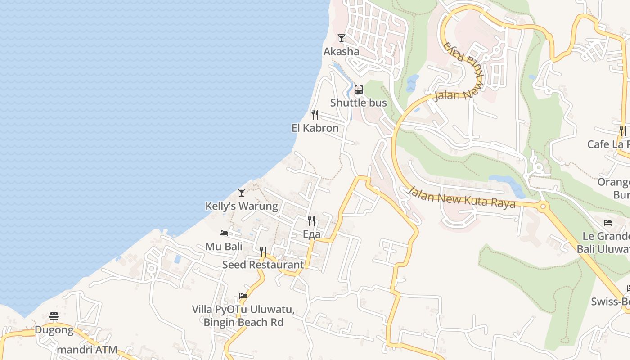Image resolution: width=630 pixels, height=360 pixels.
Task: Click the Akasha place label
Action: (x=342, y=52)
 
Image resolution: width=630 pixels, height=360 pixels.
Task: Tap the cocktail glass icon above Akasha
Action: (x=342, y=38)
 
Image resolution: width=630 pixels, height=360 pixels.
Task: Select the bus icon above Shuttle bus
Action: (x=359, y=90)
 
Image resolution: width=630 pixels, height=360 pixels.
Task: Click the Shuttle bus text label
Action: (x=359, y=103)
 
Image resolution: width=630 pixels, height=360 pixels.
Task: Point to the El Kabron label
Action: (x=315, y=128)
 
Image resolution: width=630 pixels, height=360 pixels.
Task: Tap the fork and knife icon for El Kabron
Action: (x=315, y=115)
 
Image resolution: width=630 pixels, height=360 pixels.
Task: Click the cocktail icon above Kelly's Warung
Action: (x=242, y=193)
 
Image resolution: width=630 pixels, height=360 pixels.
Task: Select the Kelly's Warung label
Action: (x=242, y=206)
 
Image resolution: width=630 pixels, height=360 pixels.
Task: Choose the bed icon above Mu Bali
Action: (x=224, y=233)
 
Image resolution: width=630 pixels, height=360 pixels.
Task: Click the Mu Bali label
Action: (x=224, y=247)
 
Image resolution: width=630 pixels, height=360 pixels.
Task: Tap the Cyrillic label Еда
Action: (x=311, y=234)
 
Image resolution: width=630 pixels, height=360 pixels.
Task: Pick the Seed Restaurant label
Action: (x=263, y=265)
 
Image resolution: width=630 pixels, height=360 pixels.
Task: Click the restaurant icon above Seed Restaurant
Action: (x=263, y=251)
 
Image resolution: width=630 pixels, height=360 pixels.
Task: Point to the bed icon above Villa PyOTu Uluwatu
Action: (x=243, y=296)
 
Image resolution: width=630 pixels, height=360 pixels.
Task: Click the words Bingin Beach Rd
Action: (x=243, y=323)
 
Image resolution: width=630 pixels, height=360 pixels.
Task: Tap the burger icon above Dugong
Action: (x=54, y=316)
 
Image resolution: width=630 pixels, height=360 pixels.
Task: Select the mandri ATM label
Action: (x=87, y=350)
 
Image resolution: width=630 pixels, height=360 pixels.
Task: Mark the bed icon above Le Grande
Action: (x=608, y=223)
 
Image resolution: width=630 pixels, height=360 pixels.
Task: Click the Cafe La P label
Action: (x=608, y=144)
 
